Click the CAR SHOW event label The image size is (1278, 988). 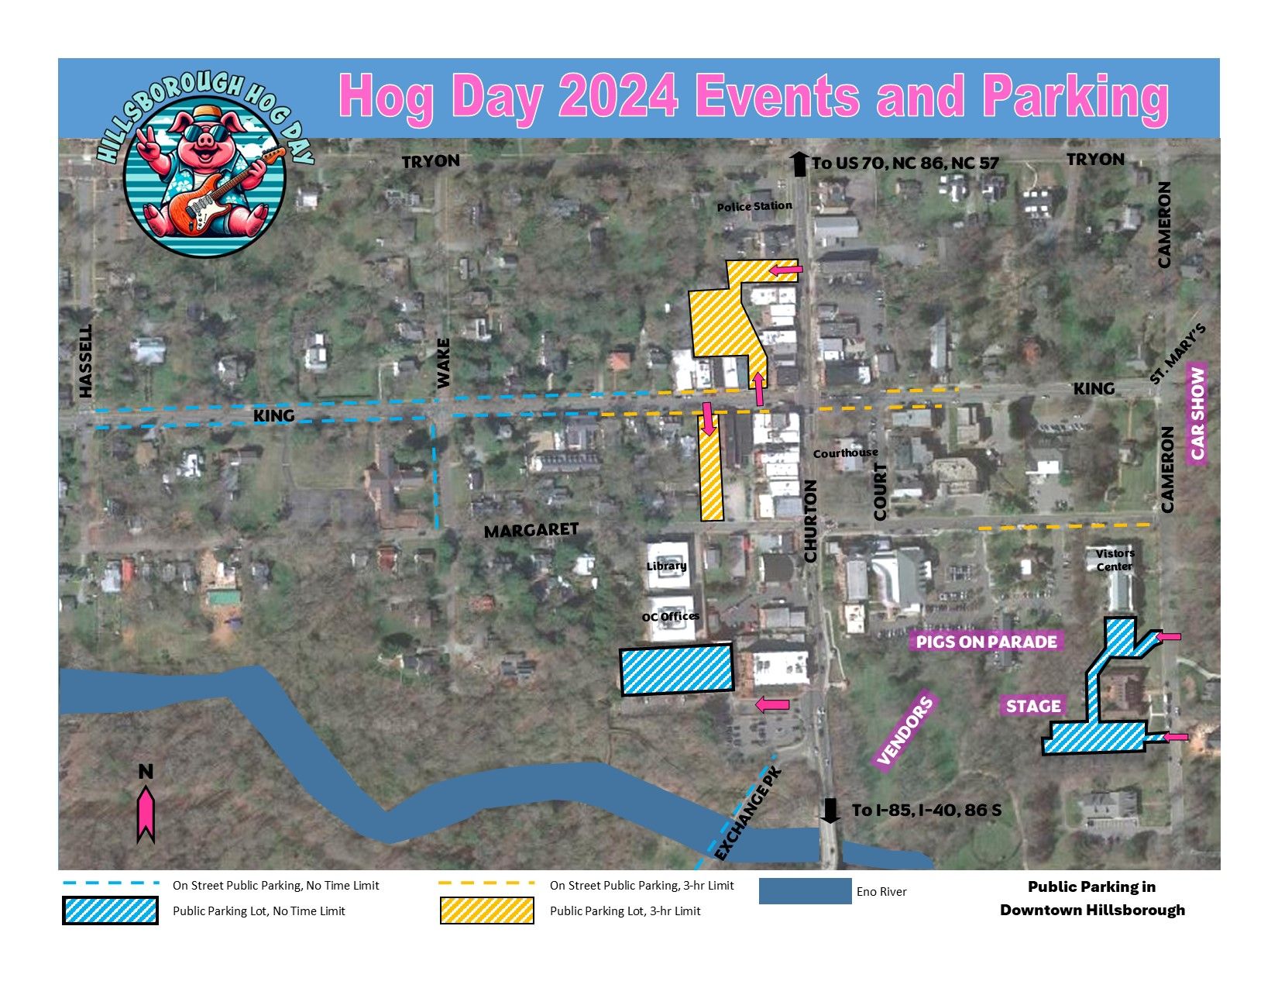1198,413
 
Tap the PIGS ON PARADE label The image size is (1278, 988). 986,642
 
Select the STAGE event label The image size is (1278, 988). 1033,706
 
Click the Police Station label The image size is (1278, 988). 754,206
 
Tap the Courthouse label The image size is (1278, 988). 846,453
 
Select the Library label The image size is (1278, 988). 667,566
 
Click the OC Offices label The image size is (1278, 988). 671,617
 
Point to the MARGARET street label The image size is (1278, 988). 531,530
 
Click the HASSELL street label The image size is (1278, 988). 85,361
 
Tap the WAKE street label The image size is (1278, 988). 443,363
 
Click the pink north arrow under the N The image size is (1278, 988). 146,814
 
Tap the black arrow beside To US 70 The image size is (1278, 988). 799,164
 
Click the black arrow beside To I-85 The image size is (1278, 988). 830,811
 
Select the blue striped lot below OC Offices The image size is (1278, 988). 677,670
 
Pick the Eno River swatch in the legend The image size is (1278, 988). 805,891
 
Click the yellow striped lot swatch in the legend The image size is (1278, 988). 486,911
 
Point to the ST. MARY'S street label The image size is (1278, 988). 1178,354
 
